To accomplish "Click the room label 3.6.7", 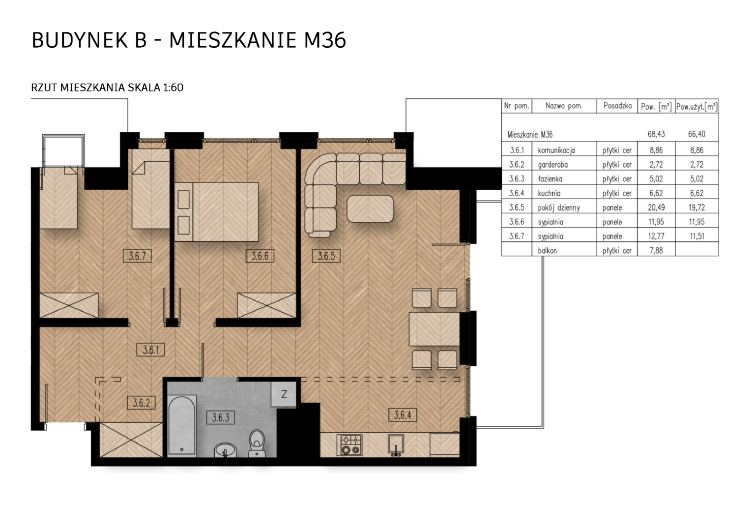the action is tap(137, 256).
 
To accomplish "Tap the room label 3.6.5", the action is tap(326, 256).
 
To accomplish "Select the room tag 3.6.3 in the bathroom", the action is tap(221, 417).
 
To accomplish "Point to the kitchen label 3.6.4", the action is tap(403, 415).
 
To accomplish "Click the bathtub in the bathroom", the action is tap(182, 425).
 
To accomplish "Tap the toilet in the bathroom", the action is tap(257, 443).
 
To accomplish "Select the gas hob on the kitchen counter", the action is tap(351, 445).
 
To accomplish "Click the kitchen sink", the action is tap(396, 445).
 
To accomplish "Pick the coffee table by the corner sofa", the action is tap(370, 208).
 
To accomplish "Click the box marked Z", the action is tap(284, 394).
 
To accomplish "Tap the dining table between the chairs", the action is tap(434, 329).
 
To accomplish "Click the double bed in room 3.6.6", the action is tap(217, 211).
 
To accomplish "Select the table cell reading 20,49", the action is tap(656, 207).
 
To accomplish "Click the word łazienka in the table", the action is tap(550, 179).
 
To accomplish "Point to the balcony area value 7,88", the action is tap(656, 251).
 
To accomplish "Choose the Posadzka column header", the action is tap(618, 106).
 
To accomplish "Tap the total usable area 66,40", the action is tap(696, 134).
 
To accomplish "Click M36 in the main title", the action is tap(324, 40).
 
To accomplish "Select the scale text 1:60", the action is tap(173, 88).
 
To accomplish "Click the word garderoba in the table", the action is tap(552, 164).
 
